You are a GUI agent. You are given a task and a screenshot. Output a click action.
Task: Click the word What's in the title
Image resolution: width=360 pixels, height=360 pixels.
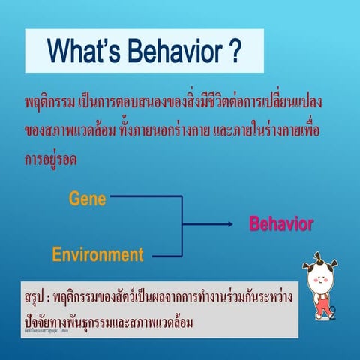point(82,52)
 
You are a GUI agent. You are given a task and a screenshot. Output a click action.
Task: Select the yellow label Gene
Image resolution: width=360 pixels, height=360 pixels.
point(87,199)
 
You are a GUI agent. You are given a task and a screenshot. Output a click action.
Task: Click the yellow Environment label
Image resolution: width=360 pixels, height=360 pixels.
point(97,253)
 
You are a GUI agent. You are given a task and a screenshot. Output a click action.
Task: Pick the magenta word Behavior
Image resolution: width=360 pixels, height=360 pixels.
point(280,223)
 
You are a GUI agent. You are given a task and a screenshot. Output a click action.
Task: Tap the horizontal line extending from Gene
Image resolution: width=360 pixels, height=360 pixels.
point(142,199)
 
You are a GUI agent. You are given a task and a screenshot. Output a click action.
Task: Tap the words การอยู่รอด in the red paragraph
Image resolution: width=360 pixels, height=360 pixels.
point(50,160)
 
